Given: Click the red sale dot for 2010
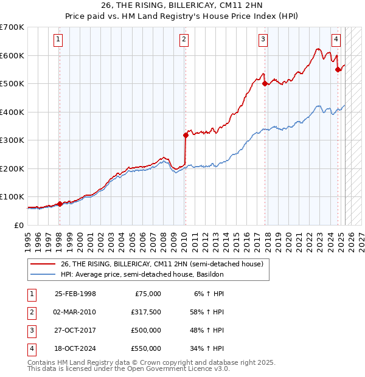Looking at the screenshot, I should (185, 136).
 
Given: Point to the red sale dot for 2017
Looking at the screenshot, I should (265, 84).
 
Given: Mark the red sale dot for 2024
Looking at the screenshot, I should (338, 69).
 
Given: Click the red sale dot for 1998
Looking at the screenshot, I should (60, 204).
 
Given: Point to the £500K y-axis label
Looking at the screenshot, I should (12, 83).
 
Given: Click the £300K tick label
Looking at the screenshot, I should (12, 140).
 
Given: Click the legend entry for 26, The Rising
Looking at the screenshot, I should (161, 264).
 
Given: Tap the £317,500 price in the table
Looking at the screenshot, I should (146, 312).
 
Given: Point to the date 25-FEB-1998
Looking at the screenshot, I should (75, 294).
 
